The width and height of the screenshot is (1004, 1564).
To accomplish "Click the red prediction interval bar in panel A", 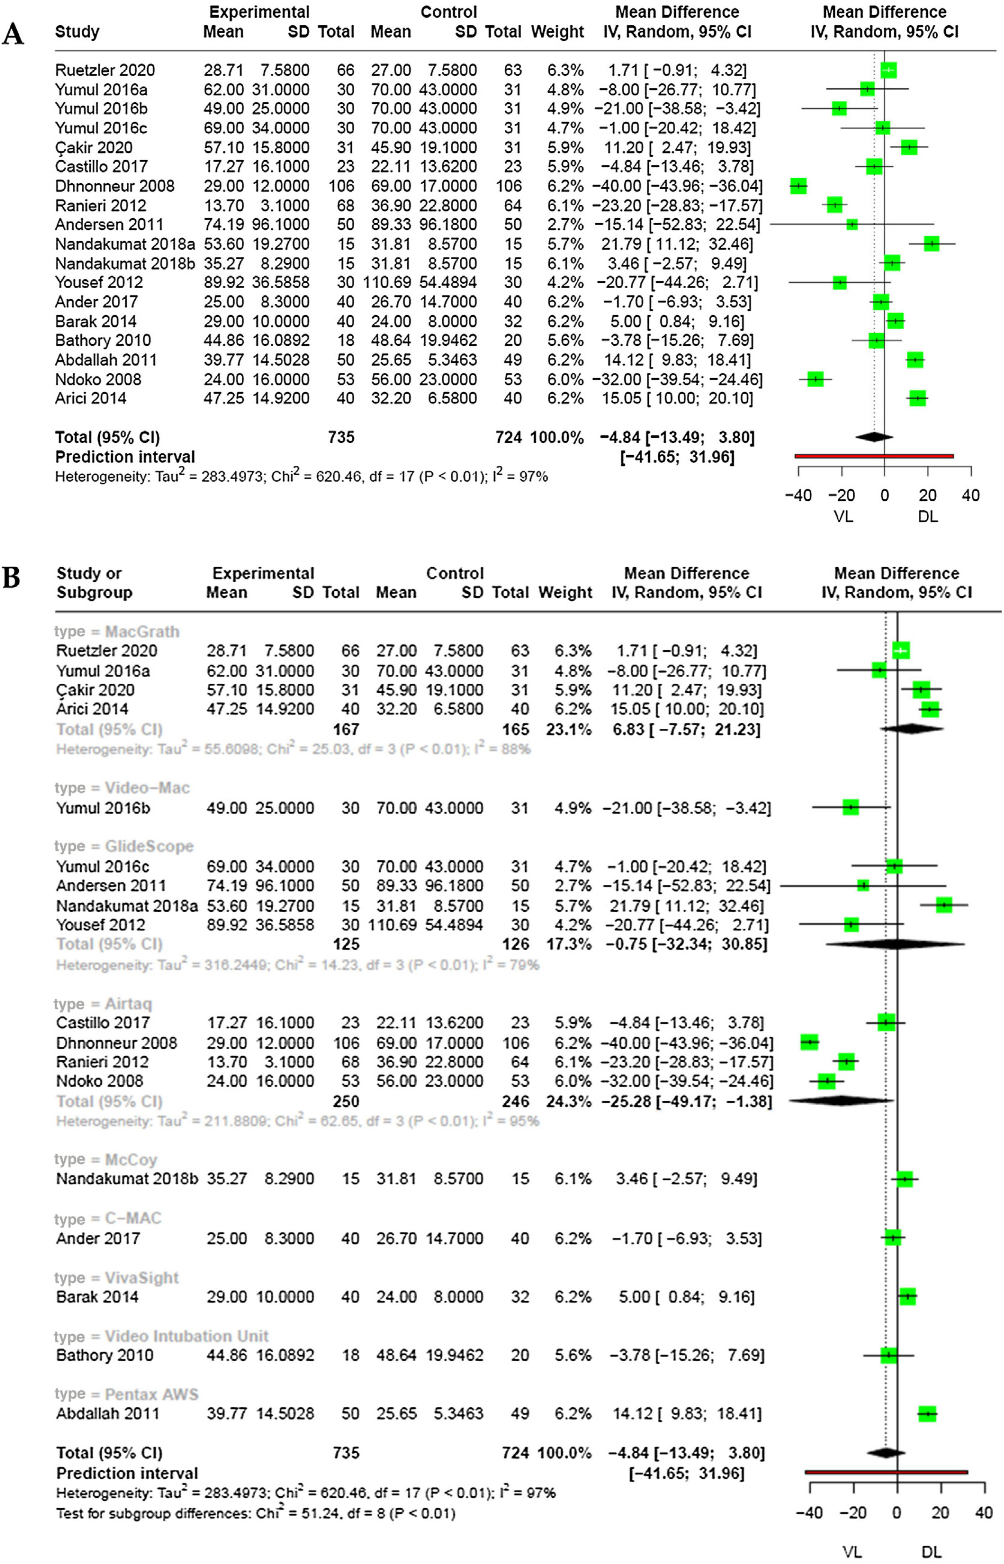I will point(874,456).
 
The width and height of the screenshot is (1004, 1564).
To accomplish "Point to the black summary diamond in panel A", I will point(874,437).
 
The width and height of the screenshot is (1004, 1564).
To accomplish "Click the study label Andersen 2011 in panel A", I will point(109,224).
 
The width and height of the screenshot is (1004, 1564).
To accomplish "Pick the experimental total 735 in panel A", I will point(341,437).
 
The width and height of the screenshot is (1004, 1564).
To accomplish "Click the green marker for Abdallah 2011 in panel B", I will point(927,1414).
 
